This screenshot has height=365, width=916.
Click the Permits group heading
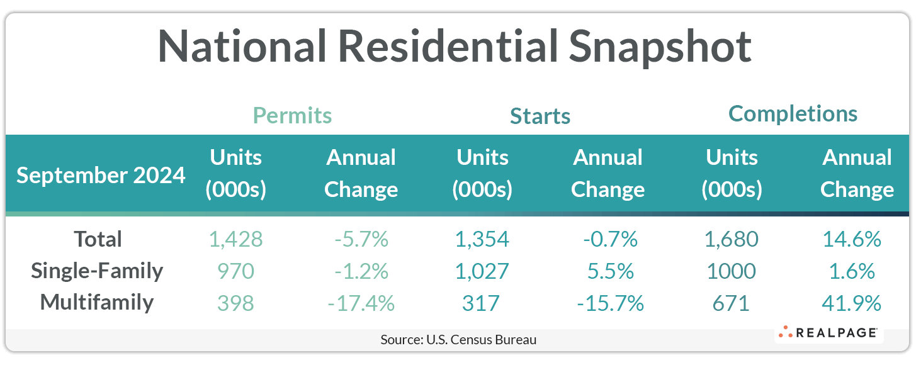point(292,116)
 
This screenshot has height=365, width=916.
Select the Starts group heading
point(540,116)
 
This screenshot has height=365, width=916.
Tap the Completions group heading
point(793,114)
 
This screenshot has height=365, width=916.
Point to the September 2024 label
point(101,175)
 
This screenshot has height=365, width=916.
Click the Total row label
point(98,239)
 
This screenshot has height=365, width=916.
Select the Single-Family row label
point(98,271)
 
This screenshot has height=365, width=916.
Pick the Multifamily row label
point(97,302)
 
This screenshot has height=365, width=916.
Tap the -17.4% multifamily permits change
point(361,303)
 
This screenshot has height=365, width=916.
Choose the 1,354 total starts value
point(482,239)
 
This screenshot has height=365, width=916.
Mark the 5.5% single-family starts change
point(608,271)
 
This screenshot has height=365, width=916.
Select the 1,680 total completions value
point(731,239)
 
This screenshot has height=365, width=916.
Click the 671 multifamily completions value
point(731,303)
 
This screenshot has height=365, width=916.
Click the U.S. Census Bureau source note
point(458,340)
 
